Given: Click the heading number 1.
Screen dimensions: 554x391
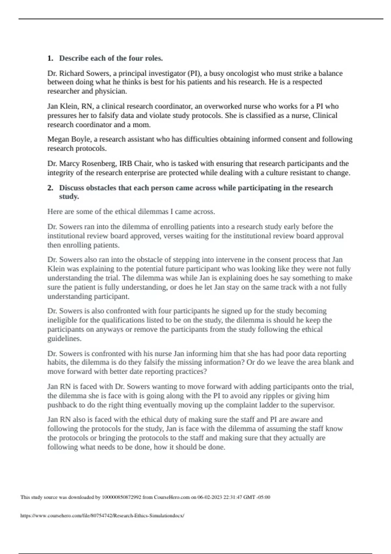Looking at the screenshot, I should click(x=50, y=58).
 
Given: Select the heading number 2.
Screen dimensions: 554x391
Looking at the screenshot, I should click(x=50, y=188).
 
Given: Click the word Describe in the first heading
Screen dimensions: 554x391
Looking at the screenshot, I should click(x=74, y=58).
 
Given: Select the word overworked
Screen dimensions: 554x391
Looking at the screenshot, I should click(x=222, y=106).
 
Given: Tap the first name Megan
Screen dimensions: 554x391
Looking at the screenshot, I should click(x=58, y=139).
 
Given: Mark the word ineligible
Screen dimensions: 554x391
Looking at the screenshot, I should click(x=62, y=320).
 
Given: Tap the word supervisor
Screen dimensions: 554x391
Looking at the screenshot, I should click(x=317, y=405).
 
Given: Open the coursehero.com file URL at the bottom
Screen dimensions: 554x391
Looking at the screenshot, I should click(x=102, y=516).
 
